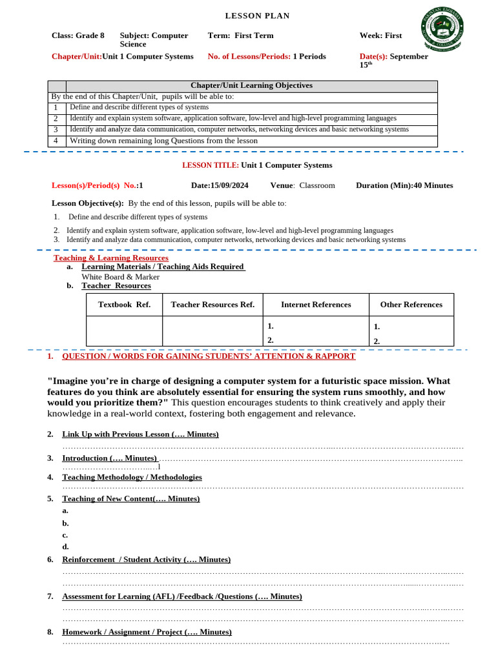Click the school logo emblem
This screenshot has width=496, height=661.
click(x=443, y=32)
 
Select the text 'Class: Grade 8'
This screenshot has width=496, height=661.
click(x=77, y=36)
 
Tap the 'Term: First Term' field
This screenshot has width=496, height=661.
click(x=240, y=36)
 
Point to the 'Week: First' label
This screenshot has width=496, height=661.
click(x=380, y=36)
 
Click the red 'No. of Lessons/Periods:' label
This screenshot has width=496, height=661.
click(x=249, y=56)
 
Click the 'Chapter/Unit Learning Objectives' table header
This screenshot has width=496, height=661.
click(x=251, y=86)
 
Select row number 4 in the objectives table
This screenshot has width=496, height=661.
click(x=57, y=141)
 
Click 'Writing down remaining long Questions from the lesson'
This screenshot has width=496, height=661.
click(x=163, y=141)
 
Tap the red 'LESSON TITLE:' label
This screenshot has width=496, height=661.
click(x=211, y=165)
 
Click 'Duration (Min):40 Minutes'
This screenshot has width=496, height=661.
click(x=404, y=185)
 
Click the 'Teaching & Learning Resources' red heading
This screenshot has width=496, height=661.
click(x=110, y=258)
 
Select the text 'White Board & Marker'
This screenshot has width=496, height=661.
click(x=120, y=276)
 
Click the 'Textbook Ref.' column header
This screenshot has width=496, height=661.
click(x=124, y=305)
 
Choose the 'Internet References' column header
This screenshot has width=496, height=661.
click(x=316, y=305)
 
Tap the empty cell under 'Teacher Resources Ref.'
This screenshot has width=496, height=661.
click(x=212, y=331)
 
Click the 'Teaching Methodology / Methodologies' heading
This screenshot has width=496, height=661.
click(x=132, y=477)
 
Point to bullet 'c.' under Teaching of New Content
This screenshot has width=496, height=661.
click(x=65, y=535)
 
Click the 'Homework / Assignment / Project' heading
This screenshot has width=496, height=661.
click(x=147, y=632)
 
